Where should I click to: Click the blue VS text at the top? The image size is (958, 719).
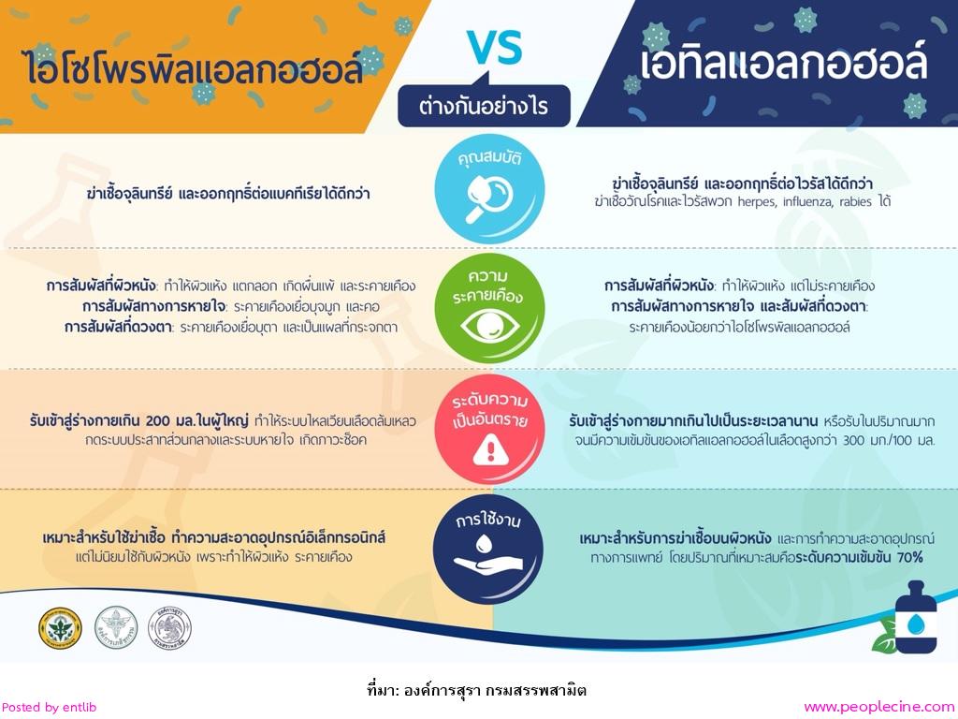[495, 47]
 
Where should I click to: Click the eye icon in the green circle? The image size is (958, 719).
[489, 325]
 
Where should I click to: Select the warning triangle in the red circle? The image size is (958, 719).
[490, 449]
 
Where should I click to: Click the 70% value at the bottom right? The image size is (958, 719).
[909, 557]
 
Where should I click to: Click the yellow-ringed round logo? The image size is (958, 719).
[60, 628]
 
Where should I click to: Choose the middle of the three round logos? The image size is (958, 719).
[115, 628]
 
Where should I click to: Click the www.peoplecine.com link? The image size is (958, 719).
[879, 708]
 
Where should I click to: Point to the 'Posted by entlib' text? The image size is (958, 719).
[49, 708]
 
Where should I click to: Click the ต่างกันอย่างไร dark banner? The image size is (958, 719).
[484, 106]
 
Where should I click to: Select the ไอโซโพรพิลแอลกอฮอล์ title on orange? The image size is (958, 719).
[195, 67]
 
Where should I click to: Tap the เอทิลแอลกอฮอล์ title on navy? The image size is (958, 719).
[783, 63]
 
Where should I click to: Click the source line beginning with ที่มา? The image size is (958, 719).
[477, 690]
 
